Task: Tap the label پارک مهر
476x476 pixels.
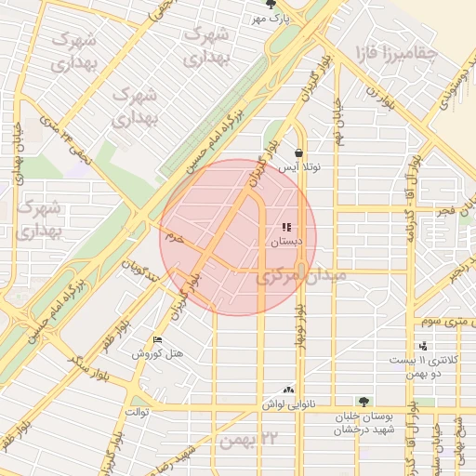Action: coord(274,19)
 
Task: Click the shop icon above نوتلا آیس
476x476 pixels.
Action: coord(297,152)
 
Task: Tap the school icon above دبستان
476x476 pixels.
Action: coord(286,227)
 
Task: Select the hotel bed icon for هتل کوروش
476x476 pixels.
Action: coord(156,339)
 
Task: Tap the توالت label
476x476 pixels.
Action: coord(137,411)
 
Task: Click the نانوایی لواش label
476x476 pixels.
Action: coord(289,404)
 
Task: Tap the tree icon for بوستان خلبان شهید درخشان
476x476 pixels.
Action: coord(363,402)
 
